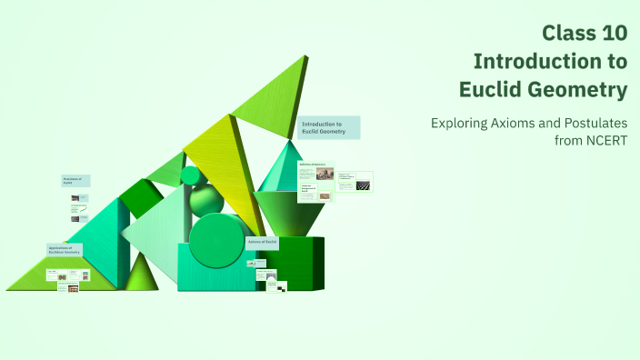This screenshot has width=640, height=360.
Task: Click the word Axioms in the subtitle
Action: coord(518,123)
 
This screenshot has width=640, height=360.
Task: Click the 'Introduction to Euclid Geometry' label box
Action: coord(328,127)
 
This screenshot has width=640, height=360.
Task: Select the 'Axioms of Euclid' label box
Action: coord(263,243)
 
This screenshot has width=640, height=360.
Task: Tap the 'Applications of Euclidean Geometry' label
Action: coord(65,249)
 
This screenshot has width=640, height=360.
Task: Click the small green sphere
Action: coord(191,175)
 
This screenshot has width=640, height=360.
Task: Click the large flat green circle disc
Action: coord(215,239)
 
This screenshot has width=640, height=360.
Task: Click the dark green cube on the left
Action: coord(141,197)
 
